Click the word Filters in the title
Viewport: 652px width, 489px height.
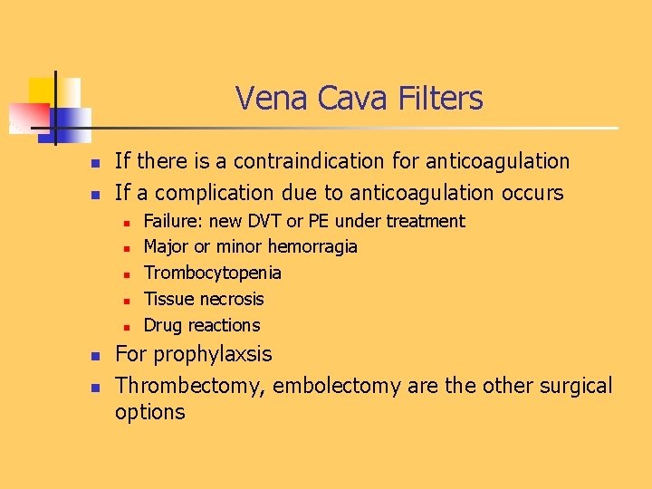coord(439,98)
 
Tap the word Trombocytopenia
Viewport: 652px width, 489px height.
coord(213,273)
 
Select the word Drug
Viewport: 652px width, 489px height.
coord(164,325)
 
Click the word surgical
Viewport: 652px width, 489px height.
coord(577,386)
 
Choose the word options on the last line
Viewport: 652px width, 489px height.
coord(149,412)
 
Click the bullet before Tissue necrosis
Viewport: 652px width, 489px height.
coord(128,300)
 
